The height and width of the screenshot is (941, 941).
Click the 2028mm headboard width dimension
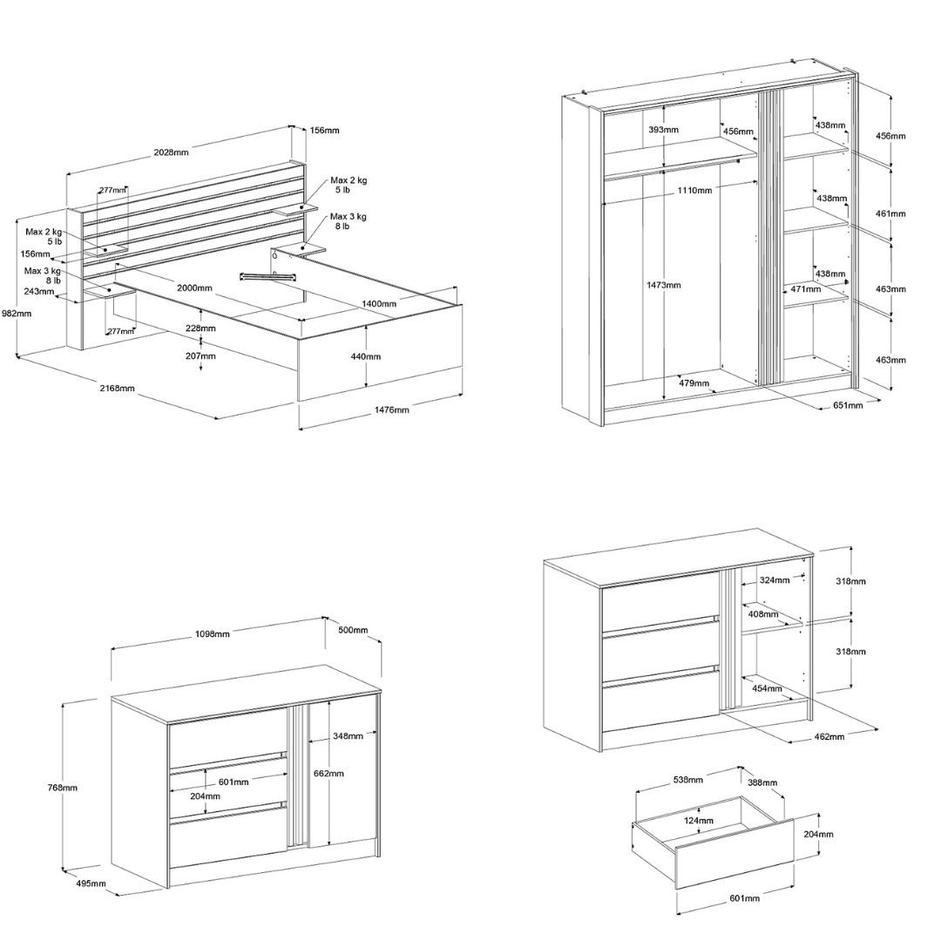[171, 152]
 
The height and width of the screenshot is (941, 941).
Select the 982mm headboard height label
[17, 314]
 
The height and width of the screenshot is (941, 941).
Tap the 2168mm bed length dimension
[118, 389]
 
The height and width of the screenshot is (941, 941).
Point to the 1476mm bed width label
[392, 410]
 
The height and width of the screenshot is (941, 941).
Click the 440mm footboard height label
[365, 356]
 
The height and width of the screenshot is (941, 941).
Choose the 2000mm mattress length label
[194, 288]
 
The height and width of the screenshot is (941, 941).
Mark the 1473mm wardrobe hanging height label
[664, 285]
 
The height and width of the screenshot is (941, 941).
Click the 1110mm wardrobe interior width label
[695, 190]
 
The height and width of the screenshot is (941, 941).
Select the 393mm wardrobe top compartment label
[664, 130]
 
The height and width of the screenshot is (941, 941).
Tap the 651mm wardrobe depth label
[848, 405]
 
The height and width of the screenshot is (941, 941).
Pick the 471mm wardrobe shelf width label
[805, 289]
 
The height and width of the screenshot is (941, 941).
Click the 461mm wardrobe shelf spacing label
[890, 213]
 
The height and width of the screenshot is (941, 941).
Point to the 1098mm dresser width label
[213, 634]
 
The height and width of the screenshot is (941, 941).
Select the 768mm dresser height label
[63, 788]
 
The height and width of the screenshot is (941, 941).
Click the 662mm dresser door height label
[328, 774]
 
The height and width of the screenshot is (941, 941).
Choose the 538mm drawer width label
[687, 780]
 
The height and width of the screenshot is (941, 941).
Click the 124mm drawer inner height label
[699, 821]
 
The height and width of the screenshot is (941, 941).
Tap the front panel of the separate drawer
[735, 854]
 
